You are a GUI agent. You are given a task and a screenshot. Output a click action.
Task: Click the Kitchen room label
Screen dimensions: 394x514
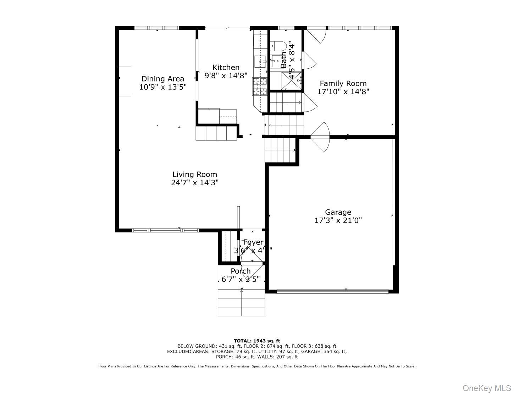226,67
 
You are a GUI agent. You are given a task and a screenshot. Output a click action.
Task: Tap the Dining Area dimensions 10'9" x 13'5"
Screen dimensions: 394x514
162,87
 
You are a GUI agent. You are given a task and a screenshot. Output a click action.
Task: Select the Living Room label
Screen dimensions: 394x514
194,174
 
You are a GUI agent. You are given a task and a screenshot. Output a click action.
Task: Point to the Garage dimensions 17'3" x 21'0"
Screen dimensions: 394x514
338,220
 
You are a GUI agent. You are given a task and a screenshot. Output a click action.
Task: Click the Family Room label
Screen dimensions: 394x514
343,84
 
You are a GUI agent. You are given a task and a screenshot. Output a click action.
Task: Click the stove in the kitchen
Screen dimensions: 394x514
259,86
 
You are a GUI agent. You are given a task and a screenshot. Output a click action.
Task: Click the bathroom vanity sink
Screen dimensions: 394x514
276,61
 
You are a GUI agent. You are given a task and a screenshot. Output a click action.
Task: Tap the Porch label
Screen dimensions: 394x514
241,271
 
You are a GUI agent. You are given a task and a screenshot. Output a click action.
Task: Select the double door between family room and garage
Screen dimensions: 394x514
321,137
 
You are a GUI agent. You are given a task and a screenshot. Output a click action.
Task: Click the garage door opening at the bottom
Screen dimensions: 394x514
332,292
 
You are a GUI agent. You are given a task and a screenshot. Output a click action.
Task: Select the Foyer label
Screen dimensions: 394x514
253,242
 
